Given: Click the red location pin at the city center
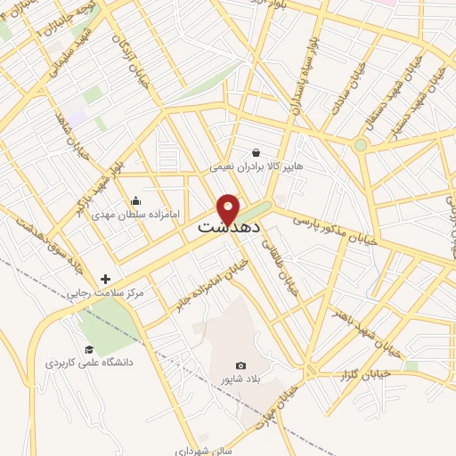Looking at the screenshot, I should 228,208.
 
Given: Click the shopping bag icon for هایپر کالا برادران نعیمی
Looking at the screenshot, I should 256,152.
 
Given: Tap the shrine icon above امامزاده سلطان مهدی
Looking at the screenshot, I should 134,200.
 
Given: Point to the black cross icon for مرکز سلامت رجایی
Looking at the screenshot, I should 105,279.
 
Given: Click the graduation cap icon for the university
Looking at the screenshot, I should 88,349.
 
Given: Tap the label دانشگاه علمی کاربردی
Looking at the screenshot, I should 89,363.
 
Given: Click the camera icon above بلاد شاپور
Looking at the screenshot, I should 240,366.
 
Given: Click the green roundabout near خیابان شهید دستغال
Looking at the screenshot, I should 361,144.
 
